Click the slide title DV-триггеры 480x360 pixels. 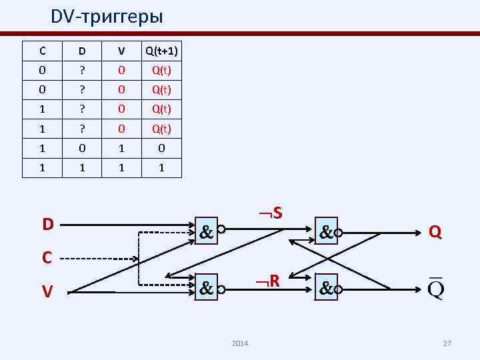[107, 16]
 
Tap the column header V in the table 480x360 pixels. [121, 51]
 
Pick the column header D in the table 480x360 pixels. [82, 51]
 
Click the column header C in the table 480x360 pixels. [43, 51]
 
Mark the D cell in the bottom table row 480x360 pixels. [82, 169]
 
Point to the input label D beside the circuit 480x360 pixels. [47, 224]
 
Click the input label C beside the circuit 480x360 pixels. [47, 257]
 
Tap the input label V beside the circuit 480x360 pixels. [47, 291]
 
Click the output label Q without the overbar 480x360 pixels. [435, 231]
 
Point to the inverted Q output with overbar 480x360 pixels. [435, 289]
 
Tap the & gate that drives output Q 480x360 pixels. [326, 233]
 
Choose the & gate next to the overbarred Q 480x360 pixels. [326, 289]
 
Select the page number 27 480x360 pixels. [447, 343]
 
